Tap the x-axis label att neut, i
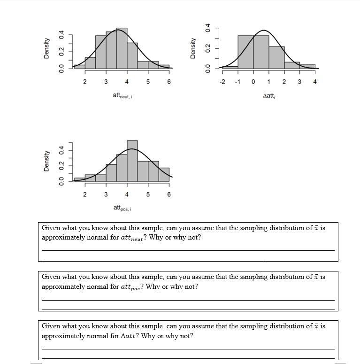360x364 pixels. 124,96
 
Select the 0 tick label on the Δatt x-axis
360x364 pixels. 253,82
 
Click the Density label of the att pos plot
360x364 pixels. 46,161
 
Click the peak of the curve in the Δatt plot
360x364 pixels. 264,31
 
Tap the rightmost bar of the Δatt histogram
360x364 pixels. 307,66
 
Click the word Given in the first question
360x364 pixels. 51,228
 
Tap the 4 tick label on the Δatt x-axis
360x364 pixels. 315,82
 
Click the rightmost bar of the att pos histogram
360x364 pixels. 164,174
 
